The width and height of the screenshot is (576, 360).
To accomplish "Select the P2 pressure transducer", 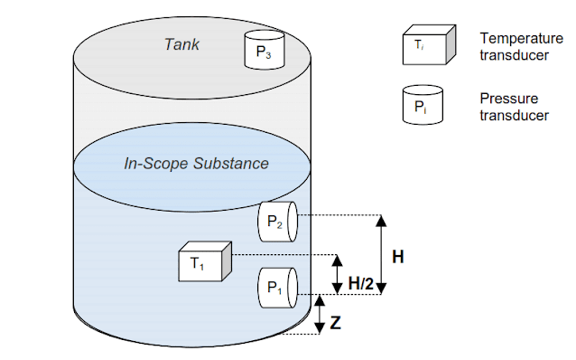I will pyautogui.click(x=278, y=222).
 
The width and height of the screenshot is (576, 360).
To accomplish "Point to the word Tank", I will pyautogui.click(x=182, y=43).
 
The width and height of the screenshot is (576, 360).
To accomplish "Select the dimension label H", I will pyautogui.click(x=397, y=257).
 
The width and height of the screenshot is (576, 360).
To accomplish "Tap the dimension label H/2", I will pyautogui.click(x=361, y=284).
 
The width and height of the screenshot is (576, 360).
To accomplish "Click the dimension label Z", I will pyautogui.click(x=336, y=322).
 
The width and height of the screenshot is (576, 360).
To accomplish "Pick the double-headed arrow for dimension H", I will pyautogui.click(x=381, y=254).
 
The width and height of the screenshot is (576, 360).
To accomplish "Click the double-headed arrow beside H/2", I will pyautogui.click(x=337, y=274).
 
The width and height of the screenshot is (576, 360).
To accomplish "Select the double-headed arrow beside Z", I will pyautogui.click(x=319, y=314).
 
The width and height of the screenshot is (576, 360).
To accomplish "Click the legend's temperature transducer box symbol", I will pyautogui.click(x=423, y=46).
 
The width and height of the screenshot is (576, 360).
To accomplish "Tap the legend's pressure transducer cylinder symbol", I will pyautogui.click(x=423, y=105).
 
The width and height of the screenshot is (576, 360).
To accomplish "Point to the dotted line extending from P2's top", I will pyautogui.click(x=339, y=215).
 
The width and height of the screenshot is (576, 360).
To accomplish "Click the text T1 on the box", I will pyautogui.click(x=197, y=264).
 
